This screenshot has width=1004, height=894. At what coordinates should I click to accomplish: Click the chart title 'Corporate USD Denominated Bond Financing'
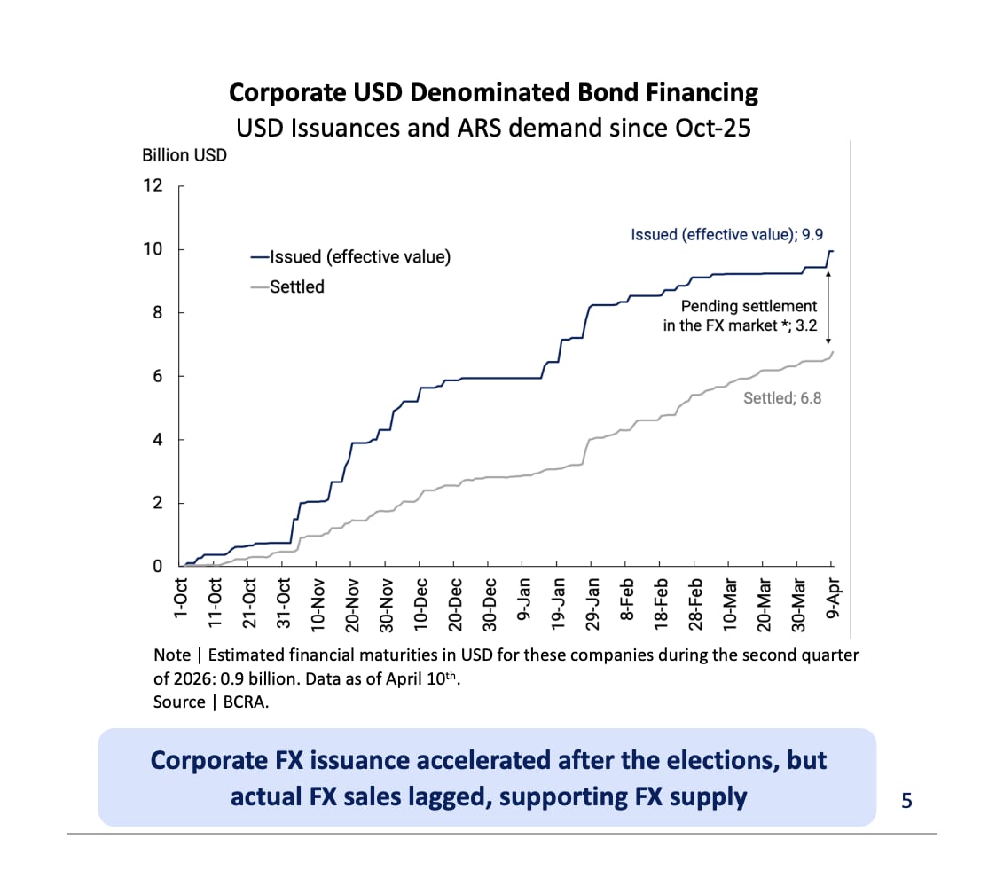(x=493, y=93)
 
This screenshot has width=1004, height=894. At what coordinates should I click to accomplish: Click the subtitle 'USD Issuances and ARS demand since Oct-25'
(x=493, y=128)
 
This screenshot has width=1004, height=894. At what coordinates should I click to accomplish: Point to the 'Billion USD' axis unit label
(x=184, y=155)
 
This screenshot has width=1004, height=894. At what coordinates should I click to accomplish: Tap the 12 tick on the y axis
(x=153, y=185)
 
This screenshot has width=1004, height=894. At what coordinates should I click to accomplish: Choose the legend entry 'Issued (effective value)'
(x=360, y=257)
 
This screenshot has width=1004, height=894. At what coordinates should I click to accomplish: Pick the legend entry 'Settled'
(x=297, y=286)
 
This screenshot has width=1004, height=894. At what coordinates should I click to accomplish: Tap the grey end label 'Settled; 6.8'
(x=782, y=398)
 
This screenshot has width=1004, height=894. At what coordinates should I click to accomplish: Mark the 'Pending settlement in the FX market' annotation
(x=740, y=316)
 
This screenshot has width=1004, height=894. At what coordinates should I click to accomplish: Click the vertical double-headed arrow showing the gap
(x=828, y=307)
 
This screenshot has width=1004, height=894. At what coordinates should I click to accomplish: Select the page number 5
(x=906, y=801)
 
